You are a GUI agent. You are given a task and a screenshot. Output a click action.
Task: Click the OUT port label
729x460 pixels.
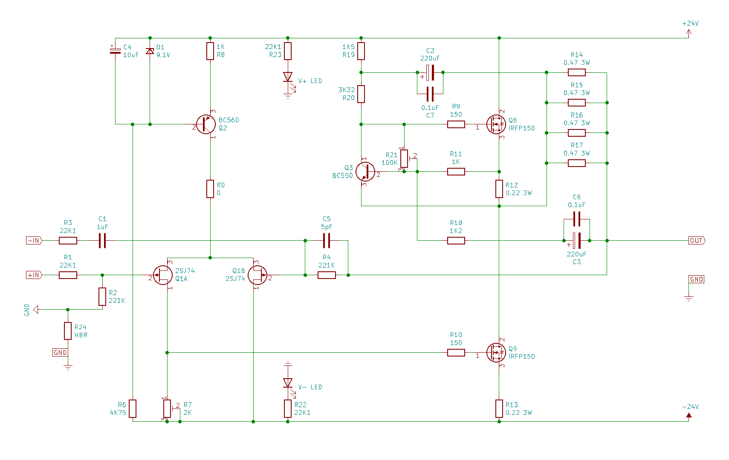click(697, 241)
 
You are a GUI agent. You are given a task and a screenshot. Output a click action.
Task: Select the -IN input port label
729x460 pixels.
click(34, 241)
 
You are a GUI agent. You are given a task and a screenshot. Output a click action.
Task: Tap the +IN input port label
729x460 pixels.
click(34, 275)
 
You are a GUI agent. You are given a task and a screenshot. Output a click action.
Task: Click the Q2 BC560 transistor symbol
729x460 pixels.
click(205, 124)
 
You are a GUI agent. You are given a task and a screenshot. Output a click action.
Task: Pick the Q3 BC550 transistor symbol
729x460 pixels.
click(365, 172)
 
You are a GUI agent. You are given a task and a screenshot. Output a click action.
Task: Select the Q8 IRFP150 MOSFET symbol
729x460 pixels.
click(496, 124)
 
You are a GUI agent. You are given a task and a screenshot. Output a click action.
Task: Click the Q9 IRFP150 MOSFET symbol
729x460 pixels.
click(496, 352)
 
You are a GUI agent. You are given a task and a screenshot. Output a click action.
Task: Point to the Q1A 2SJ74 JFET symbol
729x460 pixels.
click(163, 275)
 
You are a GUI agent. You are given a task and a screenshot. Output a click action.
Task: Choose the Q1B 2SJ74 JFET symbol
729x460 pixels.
click(257, 275)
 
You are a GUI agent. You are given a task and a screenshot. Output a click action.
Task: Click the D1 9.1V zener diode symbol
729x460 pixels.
click(150, 51)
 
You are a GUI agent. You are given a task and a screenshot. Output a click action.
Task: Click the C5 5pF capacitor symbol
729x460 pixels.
click(327, 241)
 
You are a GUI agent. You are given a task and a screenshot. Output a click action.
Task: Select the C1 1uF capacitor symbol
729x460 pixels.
click(102, 241)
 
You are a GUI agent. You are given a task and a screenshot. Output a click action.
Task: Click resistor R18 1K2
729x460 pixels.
click(456, 241)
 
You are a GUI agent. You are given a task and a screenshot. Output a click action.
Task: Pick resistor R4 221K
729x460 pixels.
click(327, 275)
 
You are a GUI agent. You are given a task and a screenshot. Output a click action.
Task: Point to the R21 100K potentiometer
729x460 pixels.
click(404, 158)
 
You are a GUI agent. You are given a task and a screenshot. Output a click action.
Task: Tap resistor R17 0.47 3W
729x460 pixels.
click(577, 163)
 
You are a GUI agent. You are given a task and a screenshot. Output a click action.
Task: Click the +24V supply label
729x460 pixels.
click(690, 23)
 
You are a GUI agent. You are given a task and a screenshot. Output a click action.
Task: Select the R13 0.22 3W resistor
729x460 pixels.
click(499, 408)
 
